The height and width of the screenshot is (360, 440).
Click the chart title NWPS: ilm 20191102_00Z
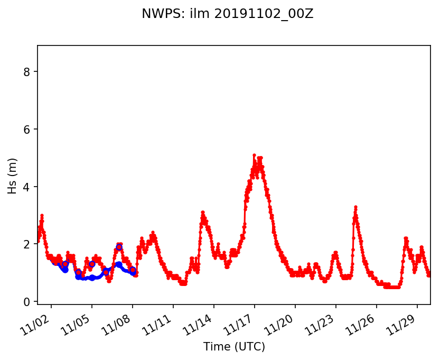227,14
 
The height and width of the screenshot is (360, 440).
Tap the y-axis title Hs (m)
13,175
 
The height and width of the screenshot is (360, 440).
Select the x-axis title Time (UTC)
234,347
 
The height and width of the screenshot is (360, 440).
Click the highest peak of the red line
254,155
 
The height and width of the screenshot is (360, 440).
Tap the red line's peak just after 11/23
355,207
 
